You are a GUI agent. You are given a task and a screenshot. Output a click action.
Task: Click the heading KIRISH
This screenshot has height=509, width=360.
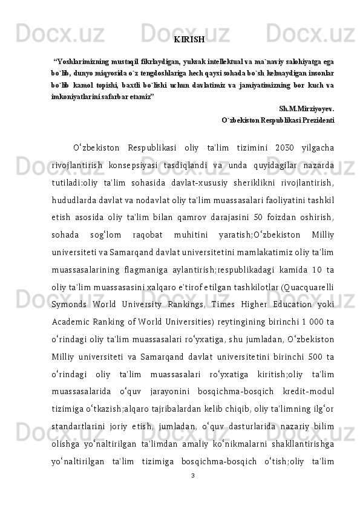click(189, 40)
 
